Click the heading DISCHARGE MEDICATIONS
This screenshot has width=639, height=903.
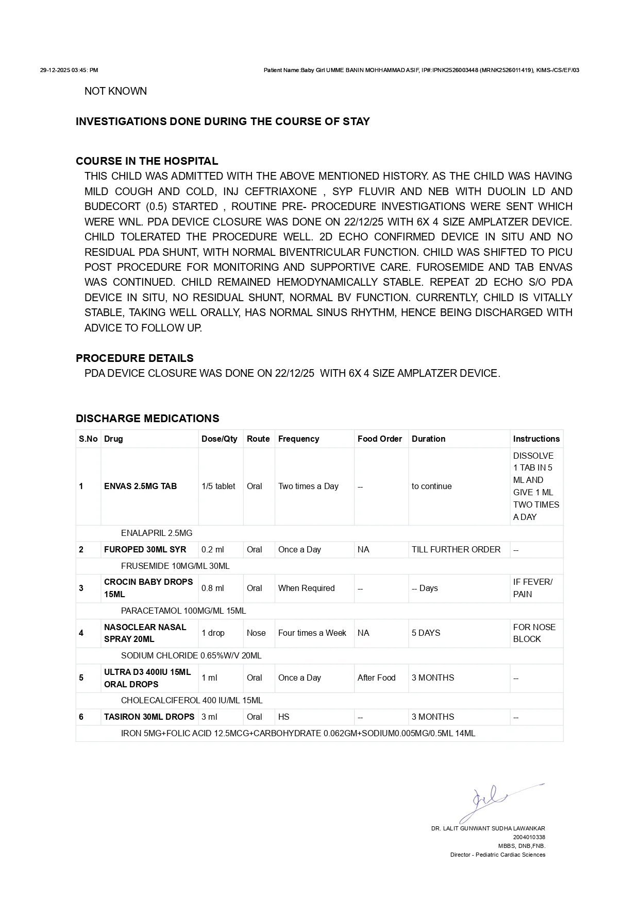click(147, 419)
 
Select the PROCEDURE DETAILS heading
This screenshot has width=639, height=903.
click(134, 358)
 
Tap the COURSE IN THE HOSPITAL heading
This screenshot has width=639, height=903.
click(147, 161)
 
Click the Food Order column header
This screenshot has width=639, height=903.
click(379, 439)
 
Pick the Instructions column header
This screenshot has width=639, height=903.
click(536, 439)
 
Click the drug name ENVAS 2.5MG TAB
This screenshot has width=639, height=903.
click(140, 486)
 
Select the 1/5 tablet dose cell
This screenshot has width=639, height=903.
click(218, 486)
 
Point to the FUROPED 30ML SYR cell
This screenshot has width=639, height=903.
click(145, 549)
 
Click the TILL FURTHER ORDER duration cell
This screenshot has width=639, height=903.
click(456, 549)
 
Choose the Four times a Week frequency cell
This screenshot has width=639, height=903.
click(312, 633)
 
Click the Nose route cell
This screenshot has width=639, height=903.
click(256, 633)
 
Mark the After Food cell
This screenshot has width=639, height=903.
click(376, 678)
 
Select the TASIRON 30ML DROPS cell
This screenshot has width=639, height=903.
click(149, 717)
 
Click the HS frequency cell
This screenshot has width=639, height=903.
click(283, 717)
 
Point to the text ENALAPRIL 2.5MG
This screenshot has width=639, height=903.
click(156, 533)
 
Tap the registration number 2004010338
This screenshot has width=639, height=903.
click(529, 837)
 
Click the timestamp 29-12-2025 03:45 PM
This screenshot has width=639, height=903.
click(69, 70)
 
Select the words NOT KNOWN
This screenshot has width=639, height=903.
click(115, 91)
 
